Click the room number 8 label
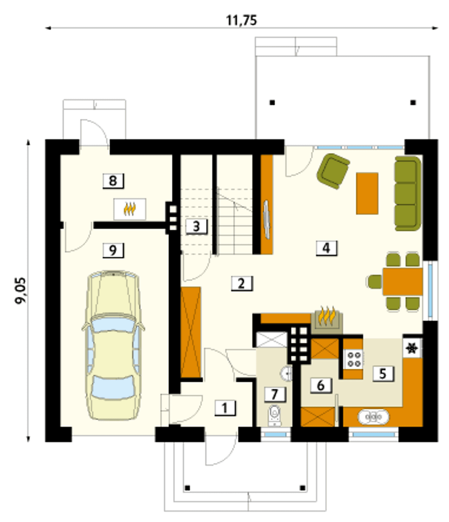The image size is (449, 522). tap(113, 181)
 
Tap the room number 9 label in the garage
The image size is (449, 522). tap(113, 250)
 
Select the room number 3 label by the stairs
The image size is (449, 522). tap(196, 226)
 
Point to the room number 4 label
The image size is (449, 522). tap(326, 248)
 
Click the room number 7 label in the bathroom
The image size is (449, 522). tap(275, 394)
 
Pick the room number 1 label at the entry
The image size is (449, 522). tap(225, 408)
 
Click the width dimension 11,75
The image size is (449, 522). tap(241, 20)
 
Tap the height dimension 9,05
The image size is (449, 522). tap(21, 291)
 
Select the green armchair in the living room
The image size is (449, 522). tap(333, 171)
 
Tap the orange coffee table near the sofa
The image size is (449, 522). tap(367, 193)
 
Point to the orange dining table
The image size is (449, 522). tap(403, 282)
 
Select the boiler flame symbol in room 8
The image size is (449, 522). tap(129, 209)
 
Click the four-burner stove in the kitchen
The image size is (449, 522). tap(354, 359)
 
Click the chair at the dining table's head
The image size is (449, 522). tap(375, 282)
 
